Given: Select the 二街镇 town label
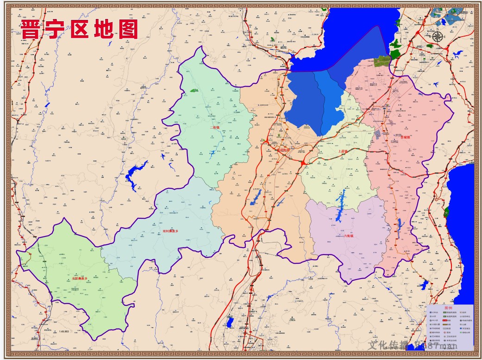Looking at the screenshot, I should tap(214, 127).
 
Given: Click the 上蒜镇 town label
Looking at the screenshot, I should tap(343, 151).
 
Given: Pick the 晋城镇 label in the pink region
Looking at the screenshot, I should tap(405, 137).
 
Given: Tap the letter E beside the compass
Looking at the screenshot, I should tap(445, 37).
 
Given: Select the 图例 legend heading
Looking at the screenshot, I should tap(447, 308).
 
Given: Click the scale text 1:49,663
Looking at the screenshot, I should tap(64, 331).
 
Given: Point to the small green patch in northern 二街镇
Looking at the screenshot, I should tap(194, 91).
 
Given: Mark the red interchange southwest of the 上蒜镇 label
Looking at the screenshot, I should tap(303, 163).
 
